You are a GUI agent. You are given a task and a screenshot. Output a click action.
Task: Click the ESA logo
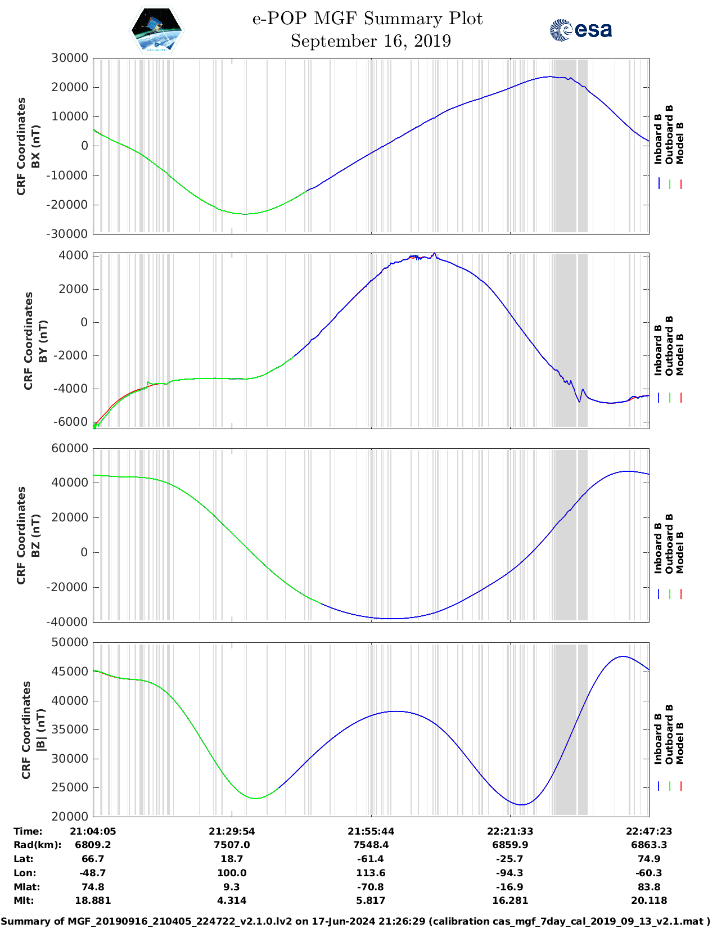coord(580,30)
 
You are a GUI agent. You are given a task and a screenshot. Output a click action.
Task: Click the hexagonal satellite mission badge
coord(157,30)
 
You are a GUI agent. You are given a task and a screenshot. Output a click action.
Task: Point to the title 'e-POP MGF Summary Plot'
coord(367,19)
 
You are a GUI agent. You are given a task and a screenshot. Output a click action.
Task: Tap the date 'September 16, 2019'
coord(371,41)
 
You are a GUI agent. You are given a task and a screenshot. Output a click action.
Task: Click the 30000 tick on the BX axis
coord(70,58)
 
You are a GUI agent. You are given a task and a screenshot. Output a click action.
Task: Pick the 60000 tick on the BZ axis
coord(70,448)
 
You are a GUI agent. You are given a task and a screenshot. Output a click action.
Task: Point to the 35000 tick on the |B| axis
coord(70,729)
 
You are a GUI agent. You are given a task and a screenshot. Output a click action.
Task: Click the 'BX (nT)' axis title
coord(35,146)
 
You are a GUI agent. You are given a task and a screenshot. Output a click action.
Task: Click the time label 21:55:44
coord(371,831)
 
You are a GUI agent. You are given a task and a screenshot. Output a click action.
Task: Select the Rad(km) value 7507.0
coord(232,845)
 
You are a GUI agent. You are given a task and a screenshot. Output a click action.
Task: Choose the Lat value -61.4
coord(371,859)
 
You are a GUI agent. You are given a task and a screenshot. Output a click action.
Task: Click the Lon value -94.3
coord(510,873)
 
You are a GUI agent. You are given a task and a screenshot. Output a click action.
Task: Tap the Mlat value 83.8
coord(649,887)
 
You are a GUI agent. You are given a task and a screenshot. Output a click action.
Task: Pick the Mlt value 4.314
coord(232,900)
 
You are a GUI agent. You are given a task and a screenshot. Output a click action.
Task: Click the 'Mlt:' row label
coord(24,900)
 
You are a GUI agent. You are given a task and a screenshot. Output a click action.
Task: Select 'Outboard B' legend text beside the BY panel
coord(669,345)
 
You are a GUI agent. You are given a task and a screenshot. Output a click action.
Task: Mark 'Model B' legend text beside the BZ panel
coord(680,552)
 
